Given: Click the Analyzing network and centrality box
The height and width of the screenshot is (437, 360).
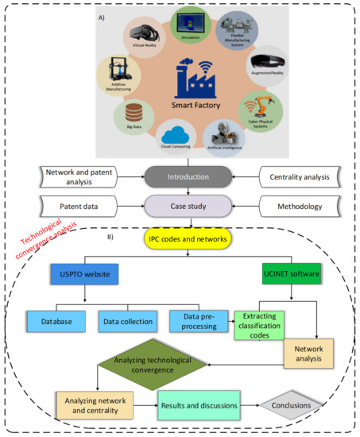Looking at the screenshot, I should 91,405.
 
